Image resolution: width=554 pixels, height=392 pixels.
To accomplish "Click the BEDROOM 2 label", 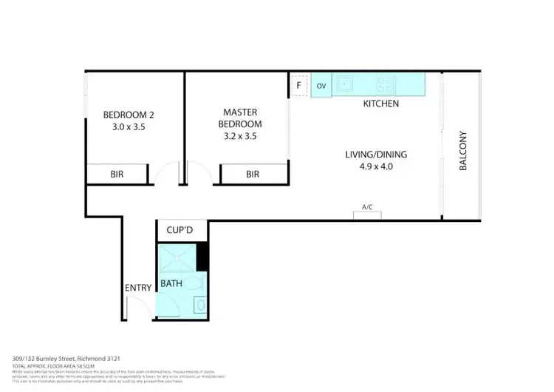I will pyautogui.click(x=128, y=115).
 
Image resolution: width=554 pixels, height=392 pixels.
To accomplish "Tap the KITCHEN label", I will pyautogui.click(x=380, y=104).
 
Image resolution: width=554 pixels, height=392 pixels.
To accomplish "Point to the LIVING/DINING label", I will pyautogui.click(x=376, y=155).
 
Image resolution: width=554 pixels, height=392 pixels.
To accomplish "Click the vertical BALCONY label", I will pyautogui.click(x=464, y=152).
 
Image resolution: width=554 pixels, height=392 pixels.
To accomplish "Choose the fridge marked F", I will pyautogui.click(x=299, y=85).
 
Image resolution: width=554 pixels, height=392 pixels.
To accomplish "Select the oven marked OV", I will pyautogui.click(x=321, y=86).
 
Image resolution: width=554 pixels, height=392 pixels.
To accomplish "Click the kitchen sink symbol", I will pyautogui.click(x=346, y=84).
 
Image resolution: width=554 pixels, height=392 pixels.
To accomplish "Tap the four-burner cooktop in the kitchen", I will pyautogui.click(x=386, y=84).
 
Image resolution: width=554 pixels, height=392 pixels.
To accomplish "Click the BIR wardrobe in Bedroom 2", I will pyautogui.click(x=117, y=175).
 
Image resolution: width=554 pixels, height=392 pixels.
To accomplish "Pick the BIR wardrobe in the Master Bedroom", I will pyautogui.click(x=253, y=175).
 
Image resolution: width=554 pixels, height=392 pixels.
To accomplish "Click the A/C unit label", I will pyautogui.click(x=367, y=207).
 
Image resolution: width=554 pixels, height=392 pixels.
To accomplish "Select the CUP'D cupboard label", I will pyautogui.click(x=179, y=231).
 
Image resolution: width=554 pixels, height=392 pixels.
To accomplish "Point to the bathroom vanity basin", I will pyautogui.click(x=200, y=304).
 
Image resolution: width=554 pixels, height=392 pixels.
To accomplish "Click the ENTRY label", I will pyautogui.click(x=138, y=288).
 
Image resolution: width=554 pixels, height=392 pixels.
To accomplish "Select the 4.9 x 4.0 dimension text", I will pyautogui.click(x=376, y=167).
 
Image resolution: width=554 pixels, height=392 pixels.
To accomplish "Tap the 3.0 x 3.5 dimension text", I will pyautogui.click(x=128, y=127).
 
